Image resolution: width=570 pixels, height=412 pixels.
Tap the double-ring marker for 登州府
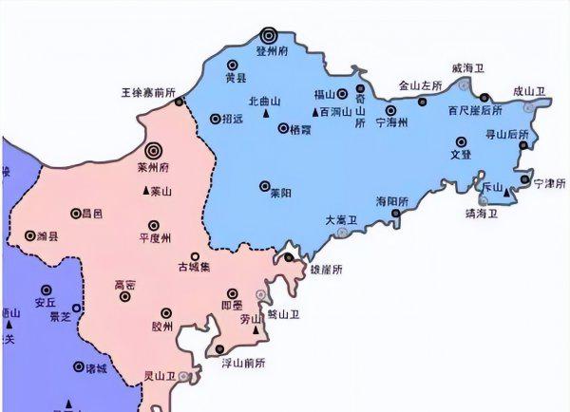(271, 35)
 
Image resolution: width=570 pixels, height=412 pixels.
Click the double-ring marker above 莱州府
(153, 149)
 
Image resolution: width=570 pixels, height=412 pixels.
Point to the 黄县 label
(236, 78)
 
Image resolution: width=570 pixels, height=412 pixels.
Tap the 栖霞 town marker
(283, 128)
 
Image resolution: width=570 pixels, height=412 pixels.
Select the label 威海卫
(468, 68)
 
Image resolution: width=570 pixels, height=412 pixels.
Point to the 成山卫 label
(530, 92)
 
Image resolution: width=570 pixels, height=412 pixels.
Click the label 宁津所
(549, 182)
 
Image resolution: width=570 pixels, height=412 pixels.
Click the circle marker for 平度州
(153, 225)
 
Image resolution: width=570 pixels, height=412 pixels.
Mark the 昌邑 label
(93, 214)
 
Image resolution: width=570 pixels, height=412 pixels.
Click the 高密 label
(124, 284)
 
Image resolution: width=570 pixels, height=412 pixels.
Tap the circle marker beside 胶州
(166, 312)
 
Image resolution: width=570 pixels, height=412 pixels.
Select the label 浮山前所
(243, 362)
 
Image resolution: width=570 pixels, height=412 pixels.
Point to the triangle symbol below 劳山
(254, 331)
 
